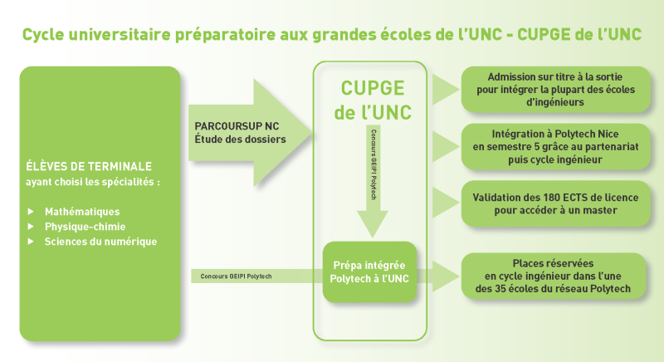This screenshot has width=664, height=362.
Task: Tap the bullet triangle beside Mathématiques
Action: pyautogui.click(x=31, y=211)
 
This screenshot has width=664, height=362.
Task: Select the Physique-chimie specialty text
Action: pyautogui.click(x=85, y=227)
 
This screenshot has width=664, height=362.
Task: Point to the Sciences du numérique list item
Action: pyautogui.click(x=100, y=242)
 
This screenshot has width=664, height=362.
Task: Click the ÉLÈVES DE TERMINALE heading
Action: pyautogui.click(x=89, y=166)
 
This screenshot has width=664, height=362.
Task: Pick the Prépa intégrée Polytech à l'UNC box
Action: pyautogui.click(x=369, y=271)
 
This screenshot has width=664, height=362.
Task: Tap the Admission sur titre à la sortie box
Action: pyautogui.click(x=555, y=90)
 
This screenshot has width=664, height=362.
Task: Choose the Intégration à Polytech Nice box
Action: pyautogui.click(x=555, y=146)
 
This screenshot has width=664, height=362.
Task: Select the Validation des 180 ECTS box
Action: pyautogui.click(x=555, y=203)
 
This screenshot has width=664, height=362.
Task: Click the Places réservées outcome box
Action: pyautogui.click(x=553, y=276)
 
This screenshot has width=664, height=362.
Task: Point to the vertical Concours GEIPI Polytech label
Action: pyautogui.click(x=373, y=164)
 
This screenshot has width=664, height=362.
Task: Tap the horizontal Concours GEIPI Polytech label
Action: pyautogui.click(x=236, y=276)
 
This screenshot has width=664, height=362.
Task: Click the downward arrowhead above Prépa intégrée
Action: pyautogui.click(x=373, y=223)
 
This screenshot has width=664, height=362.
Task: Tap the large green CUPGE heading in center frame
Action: pyautogui.click(x=373, y=88)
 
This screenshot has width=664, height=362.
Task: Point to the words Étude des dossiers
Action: pyautogui.click(x=240, y=139)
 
